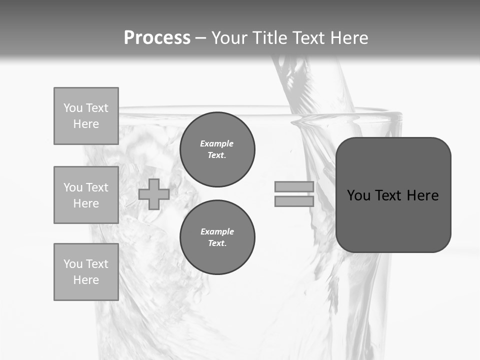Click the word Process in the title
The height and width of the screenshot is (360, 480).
(x=157, y=38)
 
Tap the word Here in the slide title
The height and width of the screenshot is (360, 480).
(x=348, y=38)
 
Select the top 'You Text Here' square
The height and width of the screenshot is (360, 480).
(x=86, y=116)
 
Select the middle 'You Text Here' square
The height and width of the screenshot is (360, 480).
(x=86, y=195)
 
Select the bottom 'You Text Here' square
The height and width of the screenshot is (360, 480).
(x=86, y=272)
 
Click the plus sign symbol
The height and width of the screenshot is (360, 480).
(x=154, y=194)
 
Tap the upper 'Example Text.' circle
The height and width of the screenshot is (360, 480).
(x=217, y=149)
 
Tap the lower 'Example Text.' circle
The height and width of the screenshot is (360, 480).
(x=217, y=237)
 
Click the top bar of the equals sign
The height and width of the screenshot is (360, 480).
(x=294, y=187)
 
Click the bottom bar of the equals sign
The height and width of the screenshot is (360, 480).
(x=294, y=201)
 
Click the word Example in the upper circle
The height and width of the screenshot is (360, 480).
(x=217, y=144)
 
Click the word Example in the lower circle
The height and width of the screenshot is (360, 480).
(x=217, y=232)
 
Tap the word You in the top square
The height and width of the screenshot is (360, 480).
(x=73, y=108)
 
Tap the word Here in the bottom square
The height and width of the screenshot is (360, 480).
(x=86, y=280)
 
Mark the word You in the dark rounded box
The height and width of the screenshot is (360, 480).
(x=358, y=195)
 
